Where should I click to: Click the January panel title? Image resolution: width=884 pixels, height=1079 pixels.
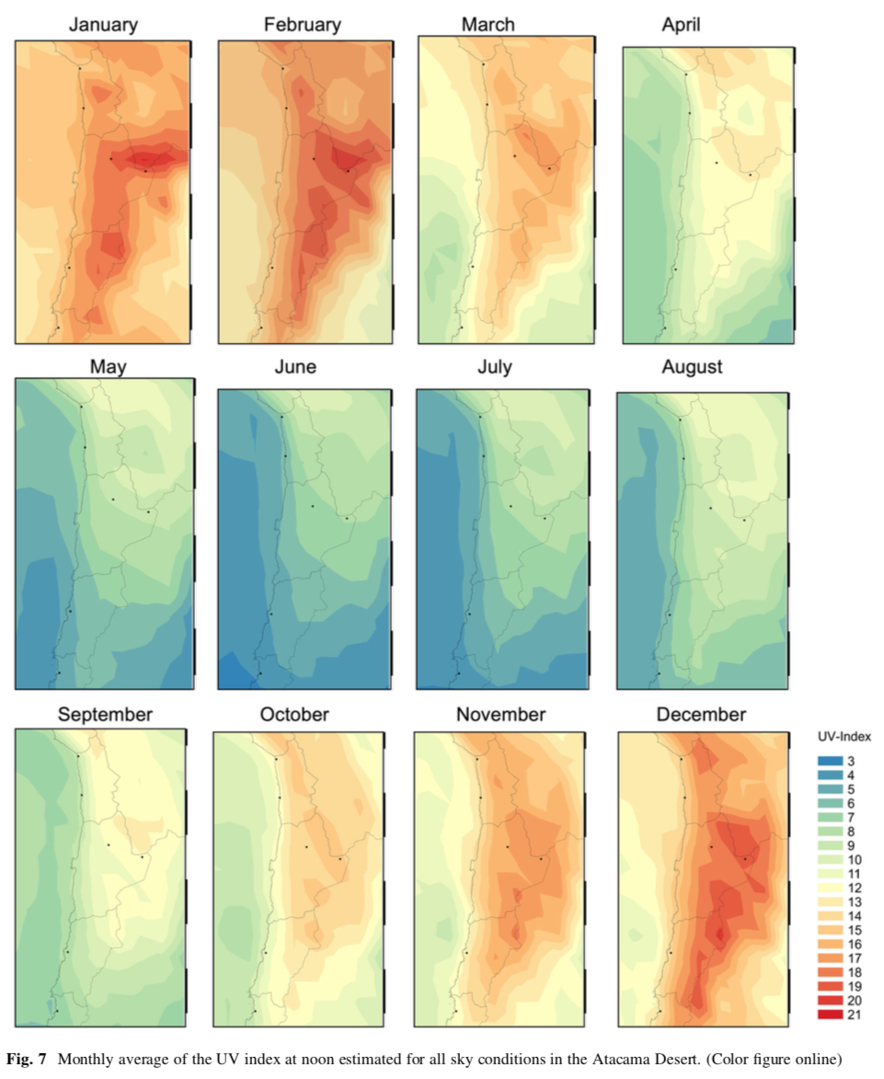(103, 25)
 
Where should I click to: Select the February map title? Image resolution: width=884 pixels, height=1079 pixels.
(301, 25)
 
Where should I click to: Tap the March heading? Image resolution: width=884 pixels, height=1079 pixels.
(488, 25)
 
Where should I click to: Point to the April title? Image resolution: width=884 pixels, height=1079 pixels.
(681, 25)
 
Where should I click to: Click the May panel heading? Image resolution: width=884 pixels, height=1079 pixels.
(108, 367)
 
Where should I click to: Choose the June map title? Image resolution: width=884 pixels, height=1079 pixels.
(295, 367)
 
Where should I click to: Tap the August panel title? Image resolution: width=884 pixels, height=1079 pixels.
(692, 367)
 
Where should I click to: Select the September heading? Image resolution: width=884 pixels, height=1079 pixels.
(105, 715)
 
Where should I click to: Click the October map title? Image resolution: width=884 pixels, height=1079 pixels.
(294, 715)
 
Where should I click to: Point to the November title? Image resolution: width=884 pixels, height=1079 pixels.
(500, 715)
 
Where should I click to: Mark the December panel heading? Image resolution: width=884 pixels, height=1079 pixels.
(701, 715)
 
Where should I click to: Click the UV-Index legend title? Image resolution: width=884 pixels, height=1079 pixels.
(843, 737)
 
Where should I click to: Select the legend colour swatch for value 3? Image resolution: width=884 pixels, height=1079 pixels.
(832, 761)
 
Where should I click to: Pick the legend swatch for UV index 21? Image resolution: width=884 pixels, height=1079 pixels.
(832, 1014)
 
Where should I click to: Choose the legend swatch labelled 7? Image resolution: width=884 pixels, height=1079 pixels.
(832, 817)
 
